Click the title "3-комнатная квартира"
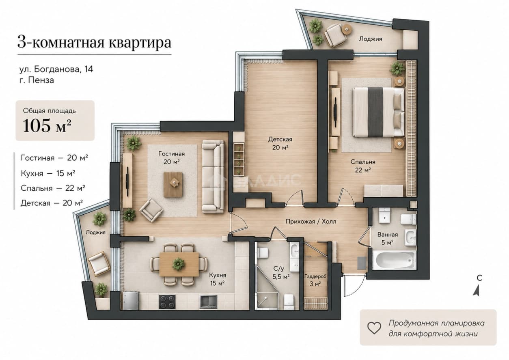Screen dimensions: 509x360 [x=94, y=43]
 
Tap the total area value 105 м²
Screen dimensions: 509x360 [x=47, y=125]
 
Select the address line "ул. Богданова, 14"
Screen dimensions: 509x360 [x=56, y=69]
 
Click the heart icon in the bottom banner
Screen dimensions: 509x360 [x=374, y=328]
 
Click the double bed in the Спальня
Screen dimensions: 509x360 [x=379, y=112]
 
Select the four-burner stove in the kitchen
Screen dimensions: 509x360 [x=167, y=302]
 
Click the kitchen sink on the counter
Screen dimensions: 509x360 [x=208, y=302]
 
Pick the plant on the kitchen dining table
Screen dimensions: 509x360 [x=179, y=264]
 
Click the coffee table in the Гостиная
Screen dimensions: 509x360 [x=173, y=185]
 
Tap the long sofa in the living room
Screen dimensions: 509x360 [x=213, y=177]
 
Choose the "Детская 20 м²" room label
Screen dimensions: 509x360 [x=280, y=143]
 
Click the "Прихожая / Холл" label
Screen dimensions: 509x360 [x=311, y=221]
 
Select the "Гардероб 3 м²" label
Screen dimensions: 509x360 [x=315, y=280]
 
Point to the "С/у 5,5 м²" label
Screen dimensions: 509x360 [x=281, y=273]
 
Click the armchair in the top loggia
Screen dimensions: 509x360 [x=334, y=35]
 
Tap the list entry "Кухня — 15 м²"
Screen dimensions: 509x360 [x=48, y=173]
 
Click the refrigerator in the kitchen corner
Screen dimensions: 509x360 [x=131, y=300]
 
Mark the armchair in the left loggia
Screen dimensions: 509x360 [x=97, y=263]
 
